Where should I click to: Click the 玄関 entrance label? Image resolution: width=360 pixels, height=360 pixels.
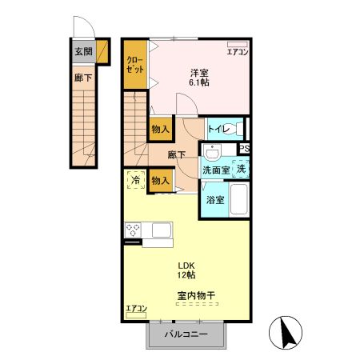pos(83,51)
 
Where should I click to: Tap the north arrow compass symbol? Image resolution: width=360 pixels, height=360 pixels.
pos(286,333)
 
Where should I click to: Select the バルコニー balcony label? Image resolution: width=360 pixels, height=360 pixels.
pos(186,334)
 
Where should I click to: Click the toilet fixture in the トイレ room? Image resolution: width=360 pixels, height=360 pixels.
pos(238,129)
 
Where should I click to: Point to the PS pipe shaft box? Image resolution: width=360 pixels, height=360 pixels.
pos(244,148)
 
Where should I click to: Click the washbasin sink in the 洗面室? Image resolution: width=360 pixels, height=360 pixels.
pos(212,153)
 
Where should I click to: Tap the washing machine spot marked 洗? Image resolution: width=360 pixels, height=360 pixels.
pos(241,169)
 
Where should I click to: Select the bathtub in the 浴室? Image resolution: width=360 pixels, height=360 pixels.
pos(239,199)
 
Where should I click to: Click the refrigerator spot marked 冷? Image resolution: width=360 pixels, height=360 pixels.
pos(136,180)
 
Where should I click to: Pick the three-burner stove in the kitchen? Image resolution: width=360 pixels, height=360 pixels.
pos(133,230)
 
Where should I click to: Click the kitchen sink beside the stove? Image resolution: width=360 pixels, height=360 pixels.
pos(162,230)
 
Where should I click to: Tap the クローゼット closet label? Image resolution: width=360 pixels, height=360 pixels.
pos(135,65)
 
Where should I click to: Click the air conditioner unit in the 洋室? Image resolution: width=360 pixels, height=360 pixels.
pos(238,44)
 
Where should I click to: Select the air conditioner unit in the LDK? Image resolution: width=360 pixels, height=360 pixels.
pos(136,315)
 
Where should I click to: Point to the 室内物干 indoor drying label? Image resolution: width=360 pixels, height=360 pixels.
pos(196,295)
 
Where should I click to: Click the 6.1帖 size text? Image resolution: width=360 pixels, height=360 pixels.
pos(199,82)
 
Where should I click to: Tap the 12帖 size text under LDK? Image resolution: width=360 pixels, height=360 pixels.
pos(186,275)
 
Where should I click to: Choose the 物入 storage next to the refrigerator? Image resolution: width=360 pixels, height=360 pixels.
pos(161,181)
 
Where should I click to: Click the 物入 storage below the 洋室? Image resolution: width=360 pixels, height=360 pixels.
pos(161,130)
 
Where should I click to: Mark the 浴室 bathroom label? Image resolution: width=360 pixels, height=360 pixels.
pos(215,200)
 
